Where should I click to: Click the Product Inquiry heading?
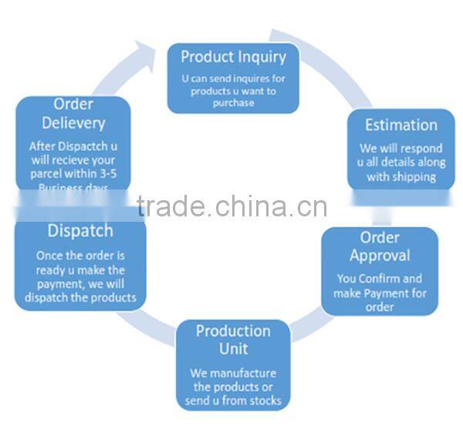(x=233, y=56)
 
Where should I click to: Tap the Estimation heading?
(x=401, y=125)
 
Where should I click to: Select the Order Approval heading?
(x=380, y=246)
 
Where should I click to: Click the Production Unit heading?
(x=233, y=340)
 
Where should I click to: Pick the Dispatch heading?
(x=80, y=230)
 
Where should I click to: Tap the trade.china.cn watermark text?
(x=231, y=206)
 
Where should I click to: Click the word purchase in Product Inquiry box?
(x=233, y=103)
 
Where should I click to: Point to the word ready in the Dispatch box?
(x=50, y=270)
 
